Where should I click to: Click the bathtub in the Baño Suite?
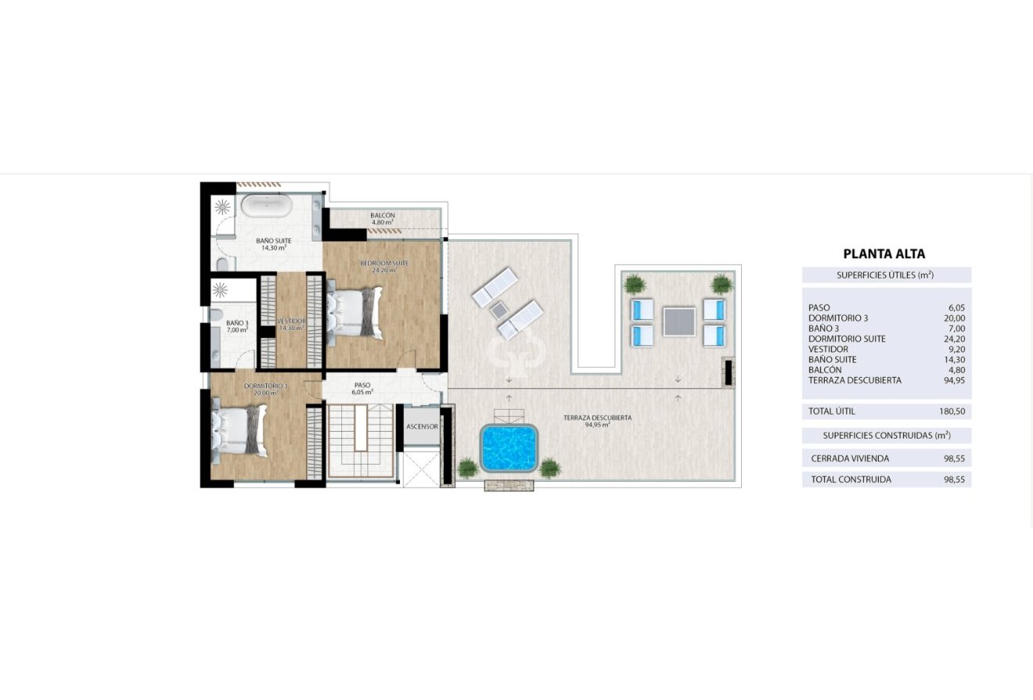pos(266,206)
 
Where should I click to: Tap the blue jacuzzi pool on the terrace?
pos(509,447)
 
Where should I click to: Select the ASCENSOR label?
pos(422,426)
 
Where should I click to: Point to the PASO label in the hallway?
pos(362,385)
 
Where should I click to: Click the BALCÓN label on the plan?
pos(382,216)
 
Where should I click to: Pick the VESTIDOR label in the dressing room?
pos(291,321)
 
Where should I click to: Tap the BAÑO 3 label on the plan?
pos(237,323)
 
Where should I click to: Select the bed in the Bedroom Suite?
pos(356,312)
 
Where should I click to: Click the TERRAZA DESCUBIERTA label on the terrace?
pos(597,418)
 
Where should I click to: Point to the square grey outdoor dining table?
pos(678,321)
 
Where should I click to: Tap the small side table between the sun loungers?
pos(499,310)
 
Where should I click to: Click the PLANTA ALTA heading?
pos(884,253)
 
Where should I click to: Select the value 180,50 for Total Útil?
pos(951,411)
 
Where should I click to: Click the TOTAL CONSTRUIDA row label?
pos(851,479)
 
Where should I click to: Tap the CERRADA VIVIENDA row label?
pos(850,458)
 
